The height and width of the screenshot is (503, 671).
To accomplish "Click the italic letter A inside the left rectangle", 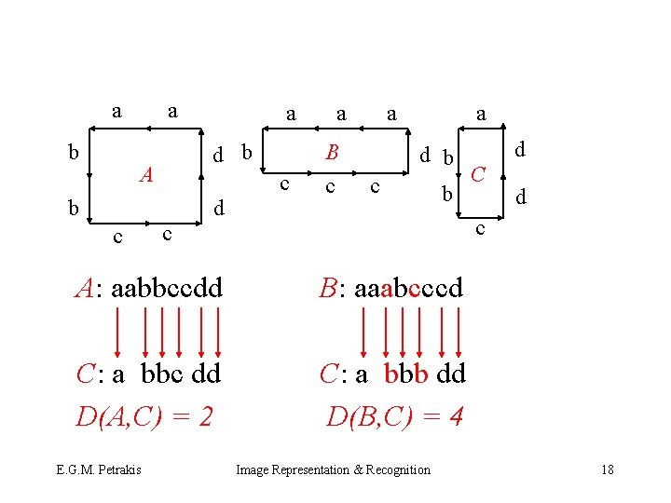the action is coord(146,174).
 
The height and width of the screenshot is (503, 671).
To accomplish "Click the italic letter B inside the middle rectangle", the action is coord(332,152).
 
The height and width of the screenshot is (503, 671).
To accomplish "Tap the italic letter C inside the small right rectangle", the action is coord(480,173).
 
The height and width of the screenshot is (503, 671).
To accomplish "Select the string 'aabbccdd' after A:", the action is coord(167,288).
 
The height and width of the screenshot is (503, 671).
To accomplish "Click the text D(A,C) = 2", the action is coord(144,415).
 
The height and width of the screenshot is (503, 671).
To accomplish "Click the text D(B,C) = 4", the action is coord(395,415).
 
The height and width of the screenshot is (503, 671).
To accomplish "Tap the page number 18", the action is coord(608,469).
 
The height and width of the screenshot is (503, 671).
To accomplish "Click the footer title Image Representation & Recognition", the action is coord(334,469).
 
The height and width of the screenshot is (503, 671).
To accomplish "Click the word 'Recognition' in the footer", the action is coord(399,469).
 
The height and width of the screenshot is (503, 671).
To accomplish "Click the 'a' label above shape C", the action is coord(481,115).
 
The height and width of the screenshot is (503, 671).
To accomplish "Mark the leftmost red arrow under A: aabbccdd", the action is coord(118,331).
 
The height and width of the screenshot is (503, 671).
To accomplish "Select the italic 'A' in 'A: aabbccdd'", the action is coord(87,288).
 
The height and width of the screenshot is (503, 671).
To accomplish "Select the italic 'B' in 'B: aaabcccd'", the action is coord(327,288).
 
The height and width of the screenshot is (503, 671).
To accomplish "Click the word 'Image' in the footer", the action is coord(253,469).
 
